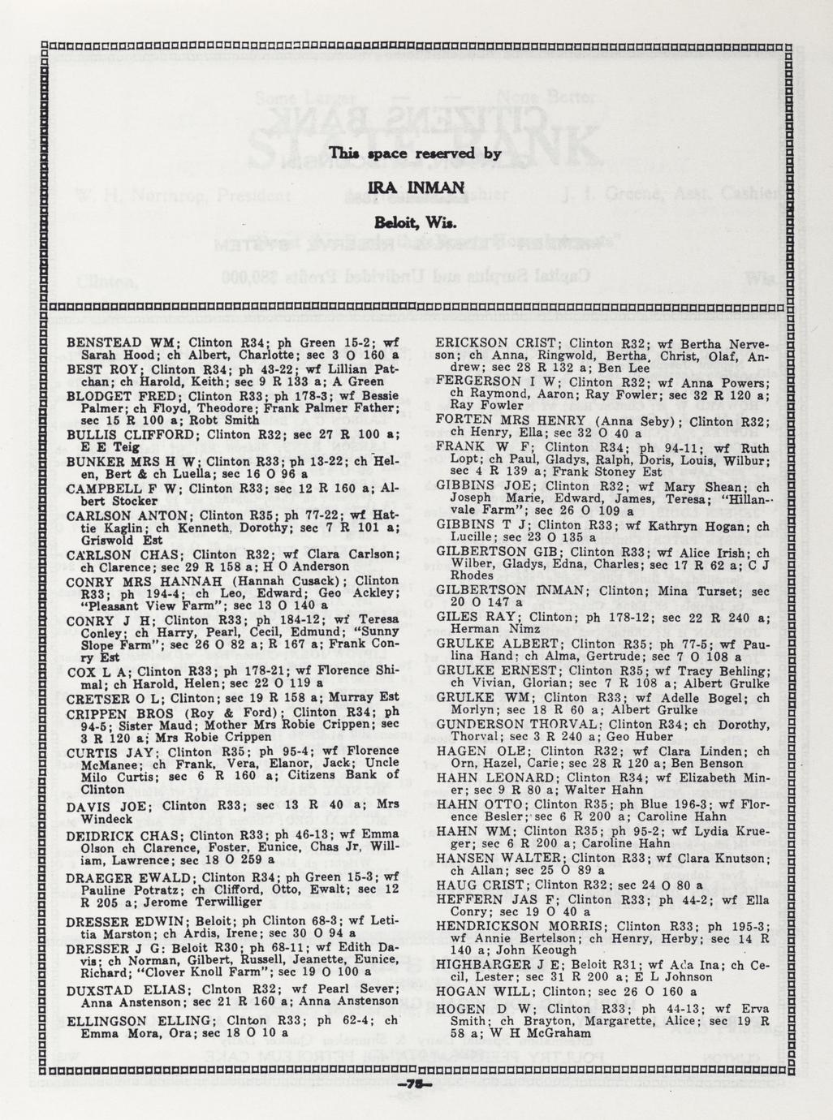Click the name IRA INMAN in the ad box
coord(416,188)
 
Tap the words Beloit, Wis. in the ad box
coord(416,222)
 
